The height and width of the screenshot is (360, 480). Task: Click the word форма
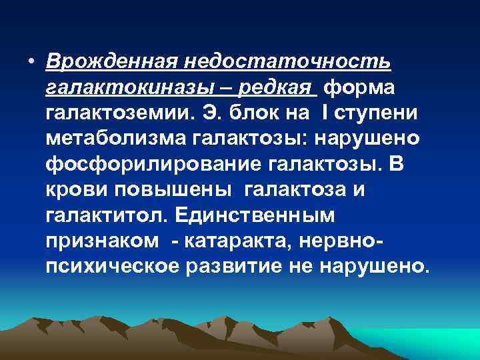click(x=360, y=87)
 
